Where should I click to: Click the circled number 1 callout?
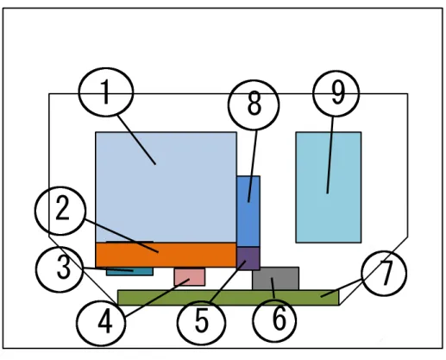pyautogui.click(x=106, y=92)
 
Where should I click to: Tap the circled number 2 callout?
pyautogui.click(x=60, y=211)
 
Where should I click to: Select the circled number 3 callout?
pyautogui.click(x=60, y=269)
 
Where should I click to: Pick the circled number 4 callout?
pyautogui.click(x=101, y=323)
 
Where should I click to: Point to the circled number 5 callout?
pyautogui.click(x=201, y=322)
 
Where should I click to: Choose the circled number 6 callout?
pyautogui.click(x=274, y=320)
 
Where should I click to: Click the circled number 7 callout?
pyautogui.click(x=384, y=273)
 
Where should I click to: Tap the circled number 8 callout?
pyautogui.click(x=254, y=105)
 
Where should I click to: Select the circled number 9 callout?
pyautogui.click(x=336, y=93)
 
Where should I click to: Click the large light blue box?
pyautogui.click(x=166, y=187)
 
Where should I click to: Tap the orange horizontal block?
pyautogui.click(x=166, y=255)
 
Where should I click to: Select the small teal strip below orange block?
pyautogui.click(x=129, y=272)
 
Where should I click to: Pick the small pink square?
pyautogui.click(x=190, y=277)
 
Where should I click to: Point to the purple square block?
pyautogui.click(x=248, y=258)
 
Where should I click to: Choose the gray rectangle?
pyautogui.click(x=276, y=279)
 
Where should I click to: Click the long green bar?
pyautogui.click(x=229, y=298)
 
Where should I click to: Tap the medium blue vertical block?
pyautogui.click(x=248, y=212)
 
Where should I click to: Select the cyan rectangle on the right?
pyautogui.click(x=329, y=187)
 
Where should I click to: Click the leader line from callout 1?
pyautogui.click(x=136, y=140)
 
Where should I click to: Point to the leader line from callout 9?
pyautogui.click(x=330, y=155)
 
